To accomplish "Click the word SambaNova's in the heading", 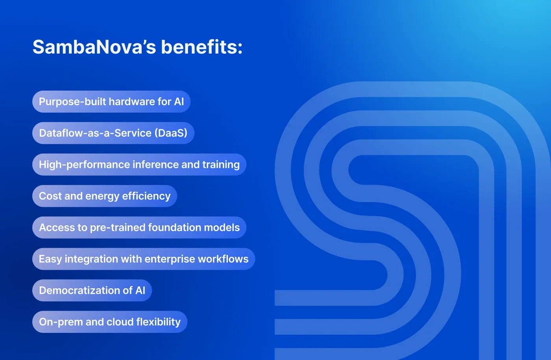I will [x=94, y=47].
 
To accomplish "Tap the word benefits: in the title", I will [x=202, y=47].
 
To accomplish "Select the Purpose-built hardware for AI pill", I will [x=111, y=102].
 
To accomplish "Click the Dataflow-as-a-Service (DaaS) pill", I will [x=113, y=133].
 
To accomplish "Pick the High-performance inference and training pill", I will [x=139, y=165].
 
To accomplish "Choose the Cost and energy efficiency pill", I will [x=105, y=196].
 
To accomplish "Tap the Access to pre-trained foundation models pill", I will [x=139, y=228].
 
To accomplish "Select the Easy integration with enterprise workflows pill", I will [x=144, y=259].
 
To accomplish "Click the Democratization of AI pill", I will [x=92, y=291].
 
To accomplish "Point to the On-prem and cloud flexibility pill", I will [x=110, y=322].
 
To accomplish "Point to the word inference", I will [x=155, y=165].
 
